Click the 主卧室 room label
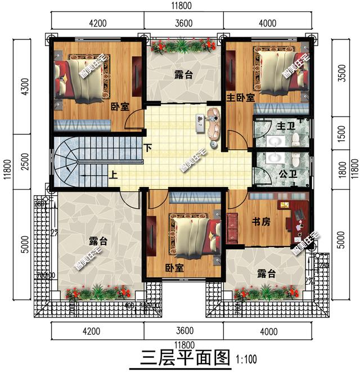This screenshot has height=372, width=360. point(240,97)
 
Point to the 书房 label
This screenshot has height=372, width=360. point(260,222)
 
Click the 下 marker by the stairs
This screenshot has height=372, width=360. point(147,149)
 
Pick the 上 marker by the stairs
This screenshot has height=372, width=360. point(114,174)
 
